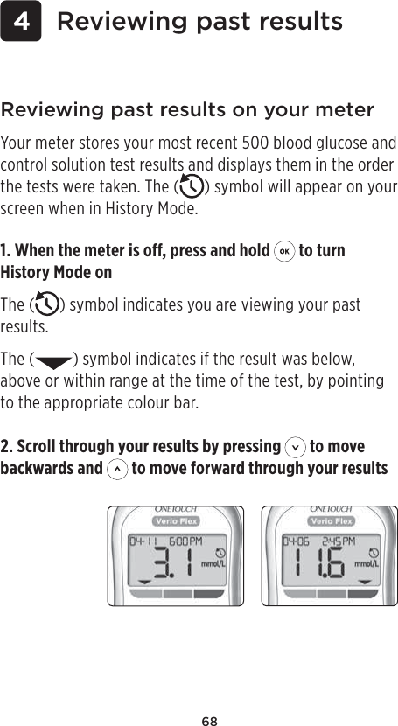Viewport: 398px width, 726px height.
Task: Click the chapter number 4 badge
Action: pyautogui.click(x=21, y=22)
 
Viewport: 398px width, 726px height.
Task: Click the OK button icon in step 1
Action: pyautogui.click(x=283, y=251)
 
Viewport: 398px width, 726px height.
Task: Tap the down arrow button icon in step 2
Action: pyautogui.click(x=295, y=447)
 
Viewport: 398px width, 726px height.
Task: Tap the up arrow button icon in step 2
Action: pyautogui.click(x=116, y=469)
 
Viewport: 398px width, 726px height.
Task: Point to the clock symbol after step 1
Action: pyautogui.click(x=45, y=306)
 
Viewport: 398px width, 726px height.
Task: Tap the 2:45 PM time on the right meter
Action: pyautogui.click(x=338, y=541)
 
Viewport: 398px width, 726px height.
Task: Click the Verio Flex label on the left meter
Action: pyautogui.click(x=176, y=522)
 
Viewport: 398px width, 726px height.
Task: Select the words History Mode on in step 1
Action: pyautogui.click(x=57, y=273)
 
